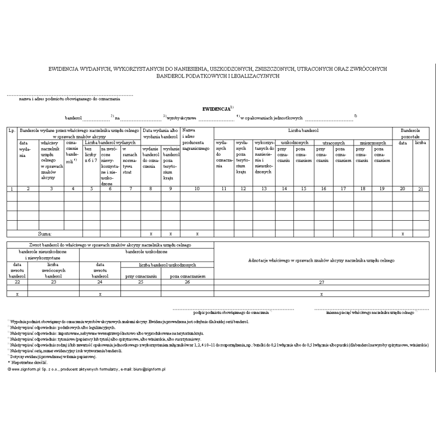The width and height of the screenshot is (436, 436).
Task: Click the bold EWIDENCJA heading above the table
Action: tap(216, 109)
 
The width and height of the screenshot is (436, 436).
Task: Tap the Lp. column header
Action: tap(11, 131)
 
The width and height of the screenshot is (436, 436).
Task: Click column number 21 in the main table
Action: tap(420, 188)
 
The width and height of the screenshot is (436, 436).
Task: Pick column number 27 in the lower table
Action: tap(321, 282)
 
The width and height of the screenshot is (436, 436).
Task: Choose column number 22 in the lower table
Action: tap(17, 282)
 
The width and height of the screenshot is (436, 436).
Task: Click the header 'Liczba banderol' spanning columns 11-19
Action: tap(304, 131)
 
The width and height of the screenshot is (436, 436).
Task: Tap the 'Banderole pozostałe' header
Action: tap(410, 134)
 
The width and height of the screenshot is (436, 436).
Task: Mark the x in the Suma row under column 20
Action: tap(403, 233)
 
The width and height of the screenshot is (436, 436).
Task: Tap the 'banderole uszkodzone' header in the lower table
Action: tap(147, 252)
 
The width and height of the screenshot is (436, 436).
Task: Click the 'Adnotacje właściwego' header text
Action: tap(321, 262)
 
